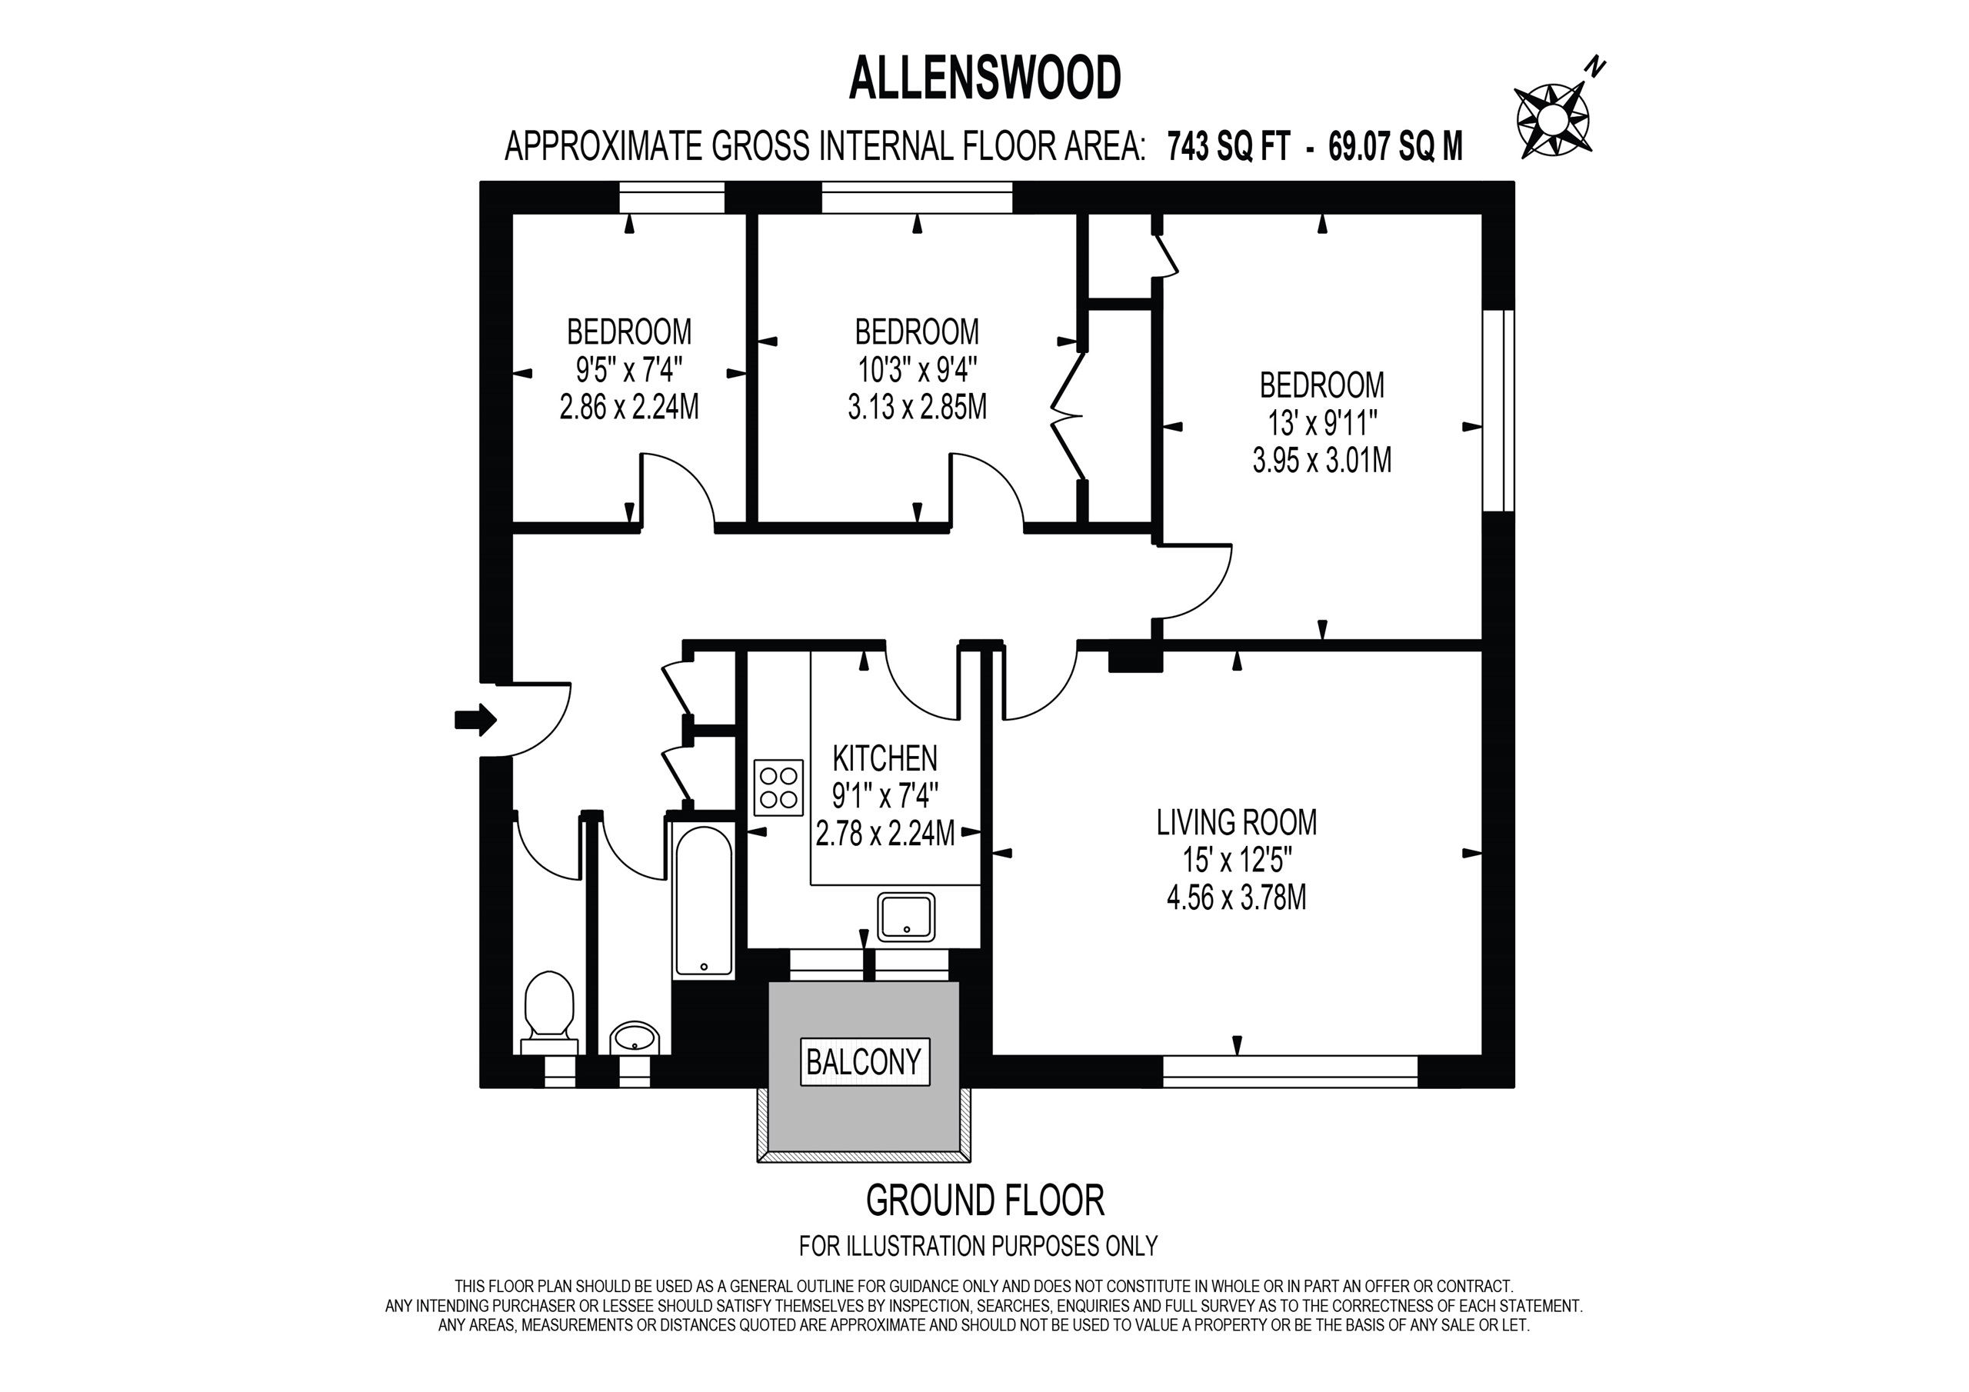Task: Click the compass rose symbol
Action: (1553, 120)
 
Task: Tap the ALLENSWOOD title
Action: (984, 79)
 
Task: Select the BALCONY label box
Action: (864, 1063)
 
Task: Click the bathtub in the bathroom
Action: (704, 901)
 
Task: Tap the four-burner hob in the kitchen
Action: (778, 788)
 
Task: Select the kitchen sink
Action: (905, 917)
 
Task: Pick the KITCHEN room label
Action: (885, 759)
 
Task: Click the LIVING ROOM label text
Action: (1237, 822)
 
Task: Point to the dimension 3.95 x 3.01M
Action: (1321, 461)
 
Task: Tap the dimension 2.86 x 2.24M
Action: (628, 407)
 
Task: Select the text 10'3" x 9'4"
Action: (917, 370)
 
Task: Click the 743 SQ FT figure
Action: (1228, 147)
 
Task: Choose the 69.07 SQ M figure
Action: (1395, 147)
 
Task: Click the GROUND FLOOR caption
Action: (984, 1201)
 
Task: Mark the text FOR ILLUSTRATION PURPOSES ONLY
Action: (978, 1246)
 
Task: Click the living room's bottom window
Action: (1290, 1072)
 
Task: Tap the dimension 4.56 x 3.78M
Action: (1237, 898)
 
